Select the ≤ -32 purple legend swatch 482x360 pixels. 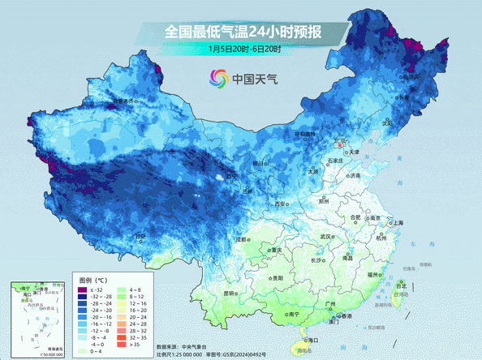82,289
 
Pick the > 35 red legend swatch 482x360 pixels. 122,345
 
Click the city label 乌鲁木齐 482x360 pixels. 124,101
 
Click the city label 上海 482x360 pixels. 397,223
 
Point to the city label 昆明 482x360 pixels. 229,293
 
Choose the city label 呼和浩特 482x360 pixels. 303,134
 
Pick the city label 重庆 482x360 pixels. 278,250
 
